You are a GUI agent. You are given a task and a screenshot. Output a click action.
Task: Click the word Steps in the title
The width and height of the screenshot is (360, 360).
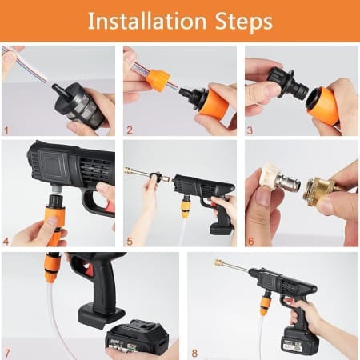pyautogui.click(x=240, y=21)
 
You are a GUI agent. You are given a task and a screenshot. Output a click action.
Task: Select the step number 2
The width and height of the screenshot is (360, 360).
pyautogui.click(x=130, y=129)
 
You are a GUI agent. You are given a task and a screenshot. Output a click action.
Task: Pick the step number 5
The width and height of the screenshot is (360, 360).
pyautogui.click(x=130, y=240)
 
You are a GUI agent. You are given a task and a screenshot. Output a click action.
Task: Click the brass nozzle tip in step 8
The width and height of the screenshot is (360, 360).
pyautogui.click(x=218, y=262)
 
